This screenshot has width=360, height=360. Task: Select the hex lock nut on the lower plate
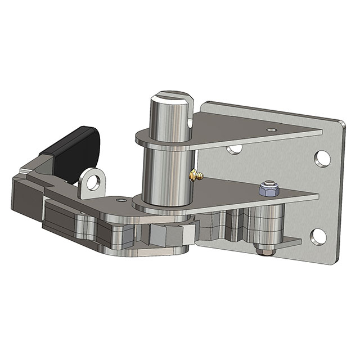click(268, 189)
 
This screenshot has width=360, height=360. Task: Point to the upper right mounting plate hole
click(322, 157)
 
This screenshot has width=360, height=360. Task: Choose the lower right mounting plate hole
click(318, 236)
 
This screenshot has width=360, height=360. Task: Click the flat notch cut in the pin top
click(187, 107)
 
